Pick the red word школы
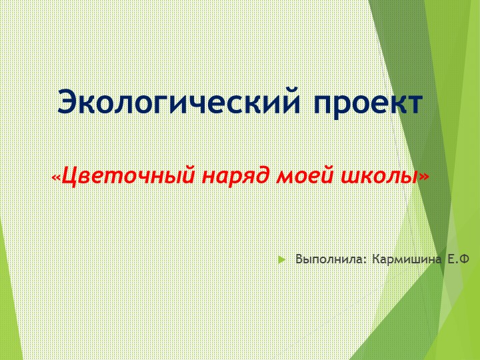377,176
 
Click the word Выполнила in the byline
330,259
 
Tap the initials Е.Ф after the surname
458,259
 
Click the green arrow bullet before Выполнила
282,259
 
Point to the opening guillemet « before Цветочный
57,177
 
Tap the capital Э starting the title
68,103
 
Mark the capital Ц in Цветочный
69,176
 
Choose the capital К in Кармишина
377,259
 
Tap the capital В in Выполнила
299,259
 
